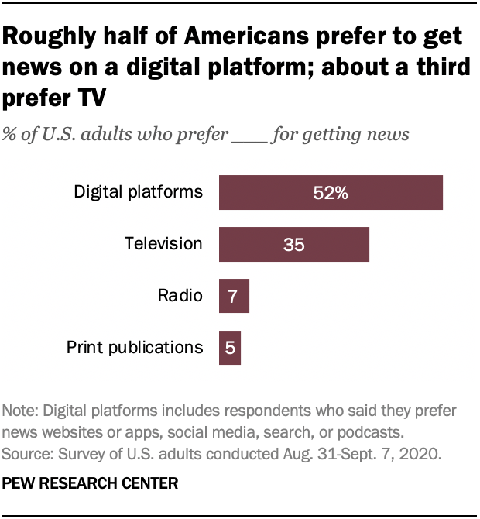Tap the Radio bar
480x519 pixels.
pos(234,296)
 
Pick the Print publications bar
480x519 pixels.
pos(230,348)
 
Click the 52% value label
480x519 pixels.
pos(331,193)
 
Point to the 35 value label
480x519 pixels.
pos(293,245)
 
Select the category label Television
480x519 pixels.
pos(163,244)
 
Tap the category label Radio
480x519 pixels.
pos(180,296)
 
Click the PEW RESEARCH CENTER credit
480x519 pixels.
pos(91,483)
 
